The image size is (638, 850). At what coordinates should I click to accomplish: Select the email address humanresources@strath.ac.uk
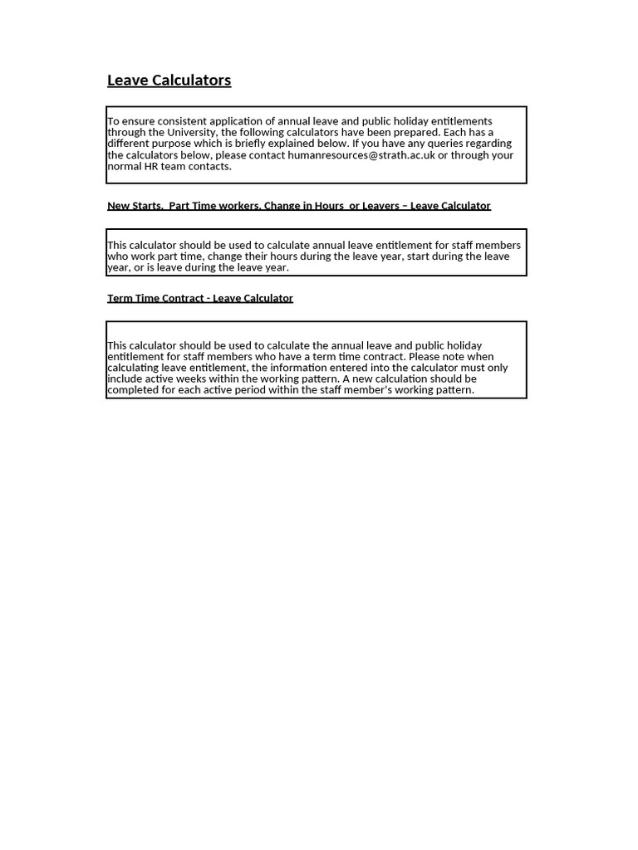click(x=361, y=155)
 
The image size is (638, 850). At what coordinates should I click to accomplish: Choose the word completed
click(x=135, y=390)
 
